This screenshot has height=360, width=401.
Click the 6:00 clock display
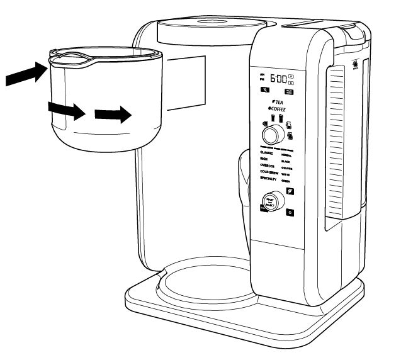(278, 79)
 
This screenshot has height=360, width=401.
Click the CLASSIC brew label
(267, 153)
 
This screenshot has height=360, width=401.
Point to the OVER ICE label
(268, 166)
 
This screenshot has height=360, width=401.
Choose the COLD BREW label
(269, 172)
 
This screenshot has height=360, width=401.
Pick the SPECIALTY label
(269, 179)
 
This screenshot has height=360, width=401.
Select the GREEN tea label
(288, 179)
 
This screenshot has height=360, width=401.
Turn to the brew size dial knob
(273, 135)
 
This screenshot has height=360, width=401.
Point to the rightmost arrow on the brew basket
(113, 115)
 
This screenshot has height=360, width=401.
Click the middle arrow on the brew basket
(67, 112)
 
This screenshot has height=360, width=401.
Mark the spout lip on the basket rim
(69, 58)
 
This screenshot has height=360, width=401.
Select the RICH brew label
(264, 159)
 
